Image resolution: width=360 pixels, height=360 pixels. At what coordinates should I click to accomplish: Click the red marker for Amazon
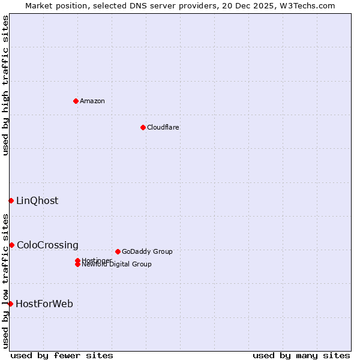(76, 101)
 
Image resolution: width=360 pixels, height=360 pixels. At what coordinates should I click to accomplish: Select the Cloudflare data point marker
(143, 127)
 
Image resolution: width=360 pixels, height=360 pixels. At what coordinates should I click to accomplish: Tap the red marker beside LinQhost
(11, 200)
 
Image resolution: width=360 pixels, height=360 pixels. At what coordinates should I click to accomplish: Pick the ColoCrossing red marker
(11, 245)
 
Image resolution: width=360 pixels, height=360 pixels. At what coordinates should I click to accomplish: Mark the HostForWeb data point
(10, 304)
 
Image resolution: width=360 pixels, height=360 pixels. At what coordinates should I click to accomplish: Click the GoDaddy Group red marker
(118, 251)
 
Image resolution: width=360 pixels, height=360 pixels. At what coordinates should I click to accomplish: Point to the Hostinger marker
(78, 260)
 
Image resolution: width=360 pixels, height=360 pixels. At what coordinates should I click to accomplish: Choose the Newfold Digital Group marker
(78, 265)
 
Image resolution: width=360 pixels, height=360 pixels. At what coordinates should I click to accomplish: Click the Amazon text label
(92, 101)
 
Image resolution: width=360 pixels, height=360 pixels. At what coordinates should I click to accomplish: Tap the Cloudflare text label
(163, 127)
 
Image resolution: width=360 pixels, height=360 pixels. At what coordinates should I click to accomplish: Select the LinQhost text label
(37, 200)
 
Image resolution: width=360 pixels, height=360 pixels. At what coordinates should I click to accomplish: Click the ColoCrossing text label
(47, 245)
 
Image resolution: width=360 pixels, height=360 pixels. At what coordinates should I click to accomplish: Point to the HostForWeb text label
(44, 304)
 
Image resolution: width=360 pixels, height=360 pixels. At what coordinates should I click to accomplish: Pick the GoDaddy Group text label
(147, 251)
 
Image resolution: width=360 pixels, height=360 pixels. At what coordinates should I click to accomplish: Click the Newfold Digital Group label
(117, 265)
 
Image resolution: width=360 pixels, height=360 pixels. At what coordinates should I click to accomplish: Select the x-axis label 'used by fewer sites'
(62, 355)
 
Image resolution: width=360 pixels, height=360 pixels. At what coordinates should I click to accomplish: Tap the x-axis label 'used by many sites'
(301, 355)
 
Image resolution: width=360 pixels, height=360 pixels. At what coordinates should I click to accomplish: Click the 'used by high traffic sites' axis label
(5, 85)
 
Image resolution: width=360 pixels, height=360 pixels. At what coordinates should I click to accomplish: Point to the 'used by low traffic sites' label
(5, 281)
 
